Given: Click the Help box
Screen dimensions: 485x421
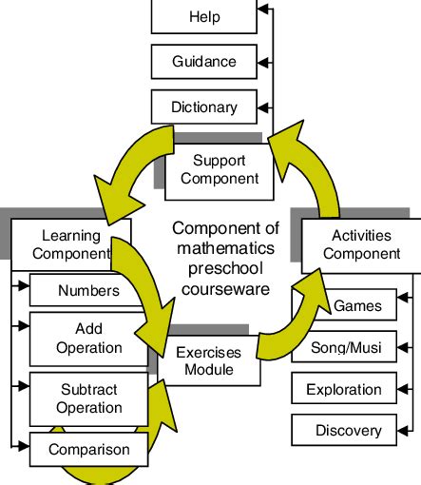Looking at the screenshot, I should pos(204,17).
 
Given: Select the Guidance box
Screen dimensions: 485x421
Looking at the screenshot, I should pos(204,62).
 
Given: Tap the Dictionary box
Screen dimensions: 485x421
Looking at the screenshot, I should pos(204,107).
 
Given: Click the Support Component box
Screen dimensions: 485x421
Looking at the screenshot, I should pos(219,168).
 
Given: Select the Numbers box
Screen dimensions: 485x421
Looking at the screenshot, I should pos(88,290).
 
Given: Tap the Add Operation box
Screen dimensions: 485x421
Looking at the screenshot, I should pos(88,338).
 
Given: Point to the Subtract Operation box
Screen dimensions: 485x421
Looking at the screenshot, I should pos(88,398).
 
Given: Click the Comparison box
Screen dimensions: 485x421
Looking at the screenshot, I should pos(88,449).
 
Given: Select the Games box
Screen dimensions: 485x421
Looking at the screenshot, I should pos(357,306).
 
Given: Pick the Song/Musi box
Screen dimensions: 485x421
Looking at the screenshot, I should pos(346,348).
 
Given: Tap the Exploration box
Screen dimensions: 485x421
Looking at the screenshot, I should pos(343,389).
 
